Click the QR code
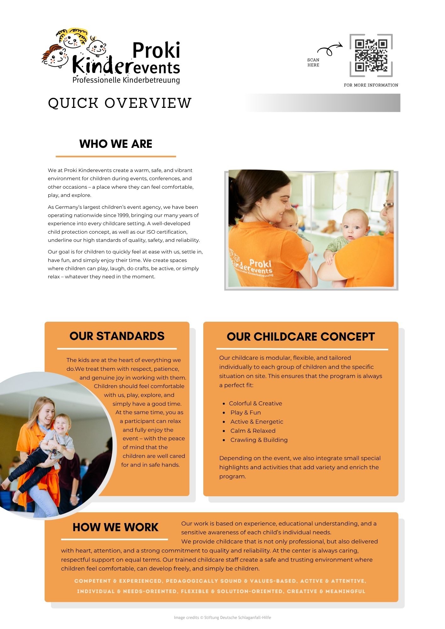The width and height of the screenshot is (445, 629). (371, 55)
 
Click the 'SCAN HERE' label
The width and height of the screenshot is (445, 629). (313, 62)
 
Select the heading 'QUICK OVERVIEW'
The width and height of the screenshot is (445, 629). (120, 103)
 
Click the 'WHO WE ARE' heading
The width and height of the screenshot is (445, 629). (116, 144)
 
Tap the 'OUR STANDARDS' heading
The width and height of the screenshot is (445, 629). (117, 336)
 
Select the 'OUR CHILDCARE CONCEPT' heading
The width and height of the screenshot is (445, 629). (301, 337)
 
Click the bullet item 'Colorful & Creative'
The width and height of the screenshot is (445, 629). (255, 404)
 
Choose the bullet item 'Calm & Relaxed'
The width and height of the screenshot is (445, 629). (253, 431)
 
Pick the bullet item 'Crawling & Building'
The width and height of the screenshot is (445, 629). (259, 440)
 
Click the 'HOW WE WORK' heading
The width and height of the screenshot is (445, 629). (115, 527)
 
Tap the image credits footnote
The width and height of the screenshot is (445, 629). (222, 618)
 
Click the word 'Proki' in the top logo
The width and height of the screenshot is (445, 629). (156, 50)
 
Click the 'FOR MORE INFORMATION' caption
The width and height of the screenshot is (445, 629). (371, 85)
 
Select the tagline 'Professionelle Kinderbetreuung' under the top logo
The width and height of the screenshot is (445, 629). (126, 80)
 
